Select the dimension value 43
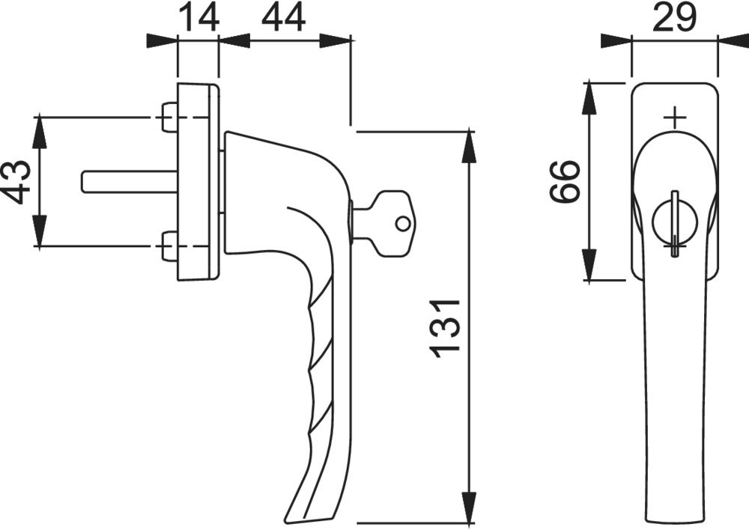(x=19, y=182)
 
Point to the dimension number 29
(x=675, y=17)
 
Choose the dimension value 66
(x=565, y=182)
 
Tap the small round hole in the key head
(x=403, y=223)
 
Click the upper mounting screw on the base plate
(x=169, y=118)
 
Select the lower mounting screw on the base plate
(x=169, y=247)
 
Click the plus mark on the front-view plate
(x=675, y=118)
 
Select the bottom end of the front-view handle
(x=675, y=517)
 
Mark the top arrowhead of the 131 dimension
(x=469, y=145)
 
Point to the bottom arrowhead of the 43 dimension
(x=40, y=232)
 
